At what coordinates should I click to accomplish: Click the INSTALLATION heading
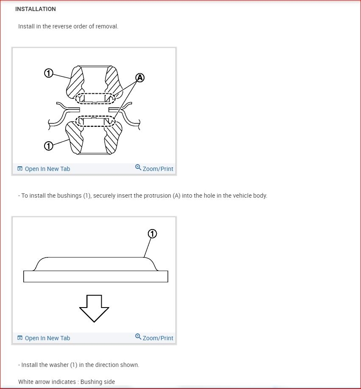(36, 9)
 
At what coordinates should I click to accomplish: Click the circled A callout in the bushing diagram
(140, 78)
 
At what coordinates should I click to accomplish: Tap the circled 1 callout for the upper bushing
(49, 73)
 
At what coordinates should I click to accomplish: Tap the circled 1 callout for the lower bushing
(49, 146)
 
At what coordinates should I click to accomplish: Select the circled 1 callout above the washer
(152, 234)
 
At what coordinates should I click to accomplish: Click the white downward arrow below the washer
(94, 308)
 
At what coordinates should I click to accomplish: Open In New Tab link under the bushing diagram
(47, 169)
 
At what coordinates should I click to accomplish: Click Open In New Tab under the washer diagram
(47, 338)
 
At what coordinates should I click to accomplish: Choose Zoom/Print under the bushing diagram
(158, 169)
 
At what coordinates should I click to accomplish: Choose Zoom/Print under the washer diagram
(158, 338)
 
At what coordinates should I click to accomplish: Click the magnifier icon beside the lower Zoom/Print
(138, 337)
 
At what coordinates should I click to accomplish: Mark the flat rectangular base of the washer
(96, 276)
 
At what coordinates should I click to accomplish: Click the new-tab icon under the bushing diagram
(20, 169)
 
